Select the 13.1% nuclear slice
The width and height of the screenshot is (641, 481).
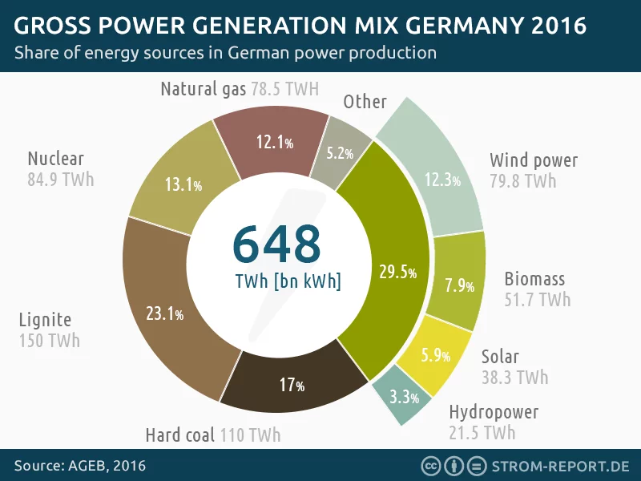(181, 185)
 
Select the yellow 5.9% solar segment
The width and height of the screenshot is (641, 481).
(435, 354)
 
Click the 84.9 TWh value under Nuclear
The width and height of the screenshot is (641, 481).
(60, 179)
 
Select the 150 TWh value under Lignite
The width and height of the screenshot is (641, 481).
(49, 341)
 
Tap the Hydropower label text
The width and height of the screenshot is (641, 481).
(494, 413)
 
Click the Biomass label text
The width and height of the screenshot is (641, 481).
(534, 279)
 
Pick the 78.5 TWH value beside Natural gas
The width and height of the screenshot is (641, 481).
(284, 88)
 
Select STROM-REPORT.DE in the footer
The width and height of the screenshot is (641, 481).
(561, 466)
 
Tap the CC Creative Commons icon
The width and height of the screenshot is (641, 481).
(431, 466)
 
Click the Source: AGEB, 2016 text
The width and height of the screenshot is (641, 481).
(80, 466)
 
